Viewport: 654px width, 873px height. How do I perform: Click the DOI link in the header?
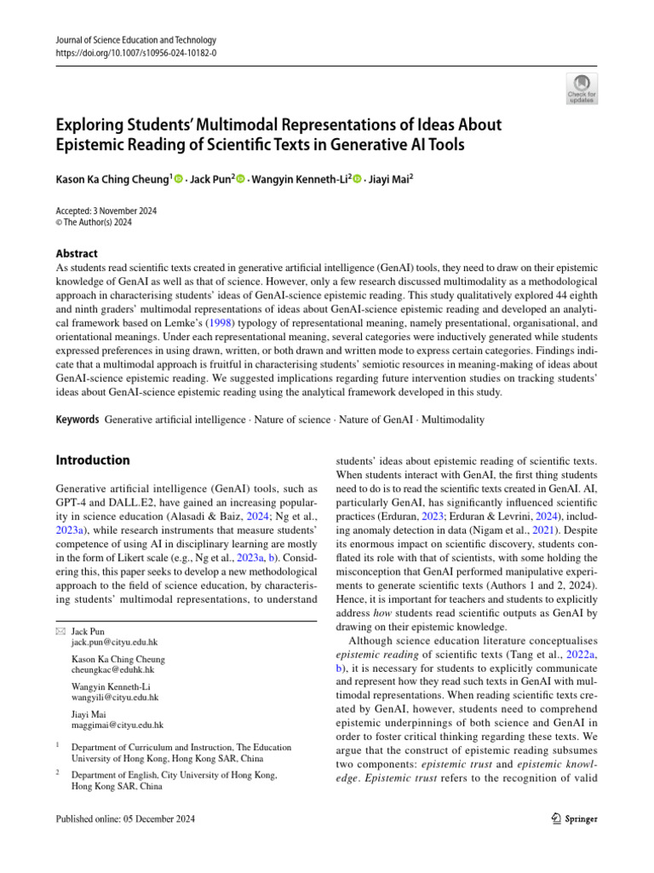[x=135, y=53]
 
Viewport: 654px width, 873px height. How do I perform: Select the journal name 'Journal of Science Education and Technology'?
[x=135, y=40]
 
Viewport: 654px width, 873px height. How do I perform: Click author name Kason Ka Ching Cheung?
[x=112, y=179]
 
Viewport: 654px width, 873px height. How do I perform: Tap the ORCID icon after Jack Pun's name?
[x=240, y=179]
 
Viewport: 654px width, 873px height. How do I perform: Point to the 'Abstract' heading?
[x=76, y=253]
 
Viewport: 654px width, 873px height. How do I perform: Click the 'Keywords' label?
[x=77, y=420]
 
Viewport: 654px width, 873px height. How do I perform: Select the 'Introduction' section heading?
[x=92, y=460]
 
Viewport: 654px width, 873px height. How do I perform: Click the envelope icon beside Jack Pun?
[x=60, y=630]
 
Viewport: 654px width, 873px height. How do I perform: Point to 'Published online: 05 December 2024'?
[x=124, y=819]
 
